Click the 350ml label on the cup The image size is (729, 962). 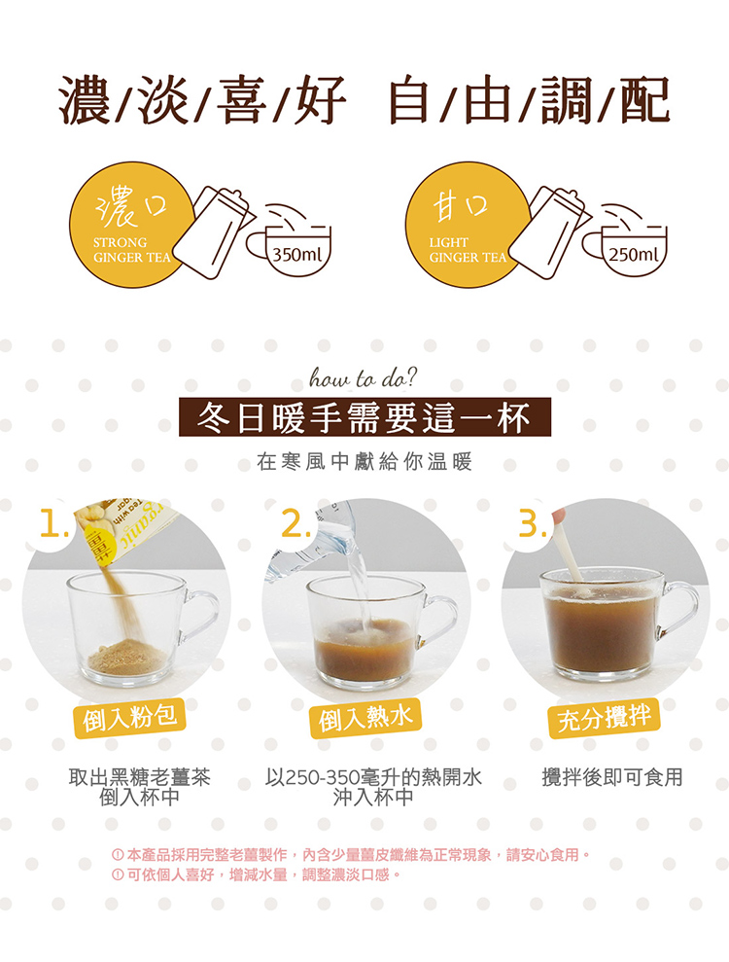coord(297,253)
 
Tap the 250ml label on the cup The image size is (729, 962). coord(634,253)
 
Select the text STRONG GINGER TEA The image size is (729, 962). coord(132,250)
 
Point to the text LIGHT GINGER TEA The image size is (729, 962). coord(468,250)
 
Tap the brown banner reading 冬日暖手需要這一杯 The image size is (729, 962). coord(364,417)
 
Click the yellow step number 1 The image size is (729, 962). coord(53,524)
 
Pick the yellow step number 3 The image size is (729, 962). coord(531,524)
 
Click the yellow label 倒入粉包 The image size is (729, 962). coord(129,717)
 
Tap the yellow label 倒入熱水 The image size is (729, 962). coord(365,717)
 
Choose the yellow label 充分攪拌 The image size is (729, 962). coord(604,716)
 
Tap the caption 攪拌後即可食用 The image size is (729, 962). coord(612,777)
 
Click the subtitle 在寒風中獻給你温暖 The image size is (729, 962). coord(364,462)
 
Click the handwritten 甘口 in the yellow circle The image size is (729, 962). coord(461,205)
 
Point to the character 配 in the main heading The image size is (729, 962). coord(644,100)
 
